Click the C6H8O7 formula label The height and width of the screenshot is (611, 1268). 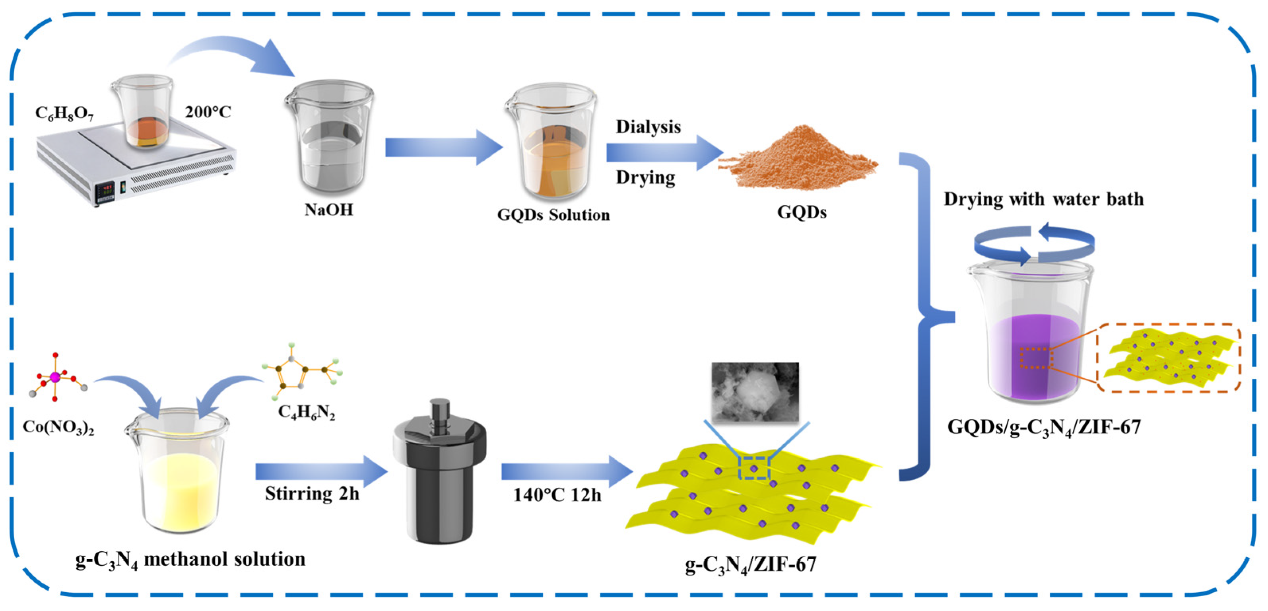pos(64,114)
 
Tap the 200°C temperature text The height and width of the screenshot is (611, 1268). pos(208,112)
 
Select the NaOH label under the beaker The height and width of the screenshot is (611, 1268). pos(329,210)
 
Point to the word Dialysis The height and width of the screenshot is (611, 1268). pos(648,127)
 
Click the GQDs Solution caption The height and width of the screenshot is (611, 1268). pos(553,215)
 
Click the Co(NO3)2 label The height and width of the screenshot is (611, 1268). pos(58,427)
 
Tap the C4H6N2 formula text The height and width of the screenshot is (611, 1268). pos(306,412)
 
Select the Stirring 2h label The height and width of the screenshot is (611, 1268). pos(312,493)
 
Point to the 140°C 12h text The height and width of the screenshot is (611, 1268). pos(557,495)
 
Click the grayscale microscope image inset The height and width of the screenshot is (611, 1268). pos(755,392)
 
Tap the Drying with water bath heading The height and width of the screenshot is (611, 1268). pos(1043,199)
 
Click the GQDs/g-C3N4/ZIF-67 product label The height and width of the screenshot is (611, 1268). pos(1043,427)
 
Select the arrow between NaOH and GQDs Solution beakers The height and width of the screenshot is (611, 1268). pos(443,147)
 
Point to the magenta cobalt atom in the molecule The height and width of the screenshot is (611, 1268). pos(55,377)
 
